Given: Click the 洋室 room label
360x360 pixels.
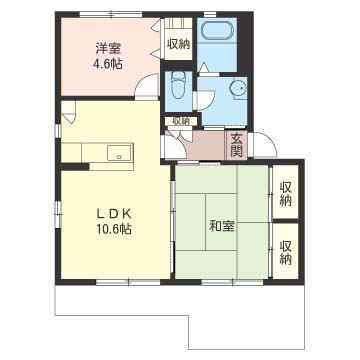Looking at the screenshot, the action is tap(108, 49).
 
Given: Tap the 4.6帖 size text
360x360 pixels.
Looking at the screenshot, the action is tap(108, 63).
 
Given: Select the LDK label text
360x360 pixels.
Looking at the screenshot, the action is tap(114, 214).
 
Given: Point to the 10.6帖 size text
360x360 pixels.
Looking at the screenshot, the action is tap(114, 228).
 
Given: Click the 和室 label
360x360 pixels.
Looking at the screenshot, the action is tap(222, 226).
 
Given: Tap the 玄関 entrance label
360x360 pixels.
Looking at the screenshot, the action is tap(236, 145).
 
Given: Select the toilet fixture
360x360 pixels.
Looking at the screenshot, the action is tap(178, 86).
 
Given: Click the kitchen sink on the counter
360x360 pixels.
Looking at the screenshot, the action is tap(120, 153).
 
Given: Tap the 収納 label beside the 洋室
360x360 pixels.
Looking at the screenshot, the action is tap(178, 44).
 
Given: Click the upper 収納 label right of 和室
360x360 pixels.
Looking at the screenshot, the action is tap(286, 194).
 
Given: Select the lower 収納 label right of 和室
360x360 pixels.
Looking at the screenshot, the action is tap(286, 253).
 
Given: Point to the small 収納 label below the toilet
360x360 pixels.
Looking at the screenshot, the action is tap(181, 122).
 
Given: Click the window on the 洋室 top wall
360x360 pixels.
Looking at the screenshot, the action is tap(111, 14).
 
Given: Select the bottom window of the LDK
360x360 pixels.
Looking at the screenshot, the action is tap(129, 282).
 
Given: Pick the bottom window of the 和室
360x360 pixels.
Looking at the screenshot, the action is tap(232, 282).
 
